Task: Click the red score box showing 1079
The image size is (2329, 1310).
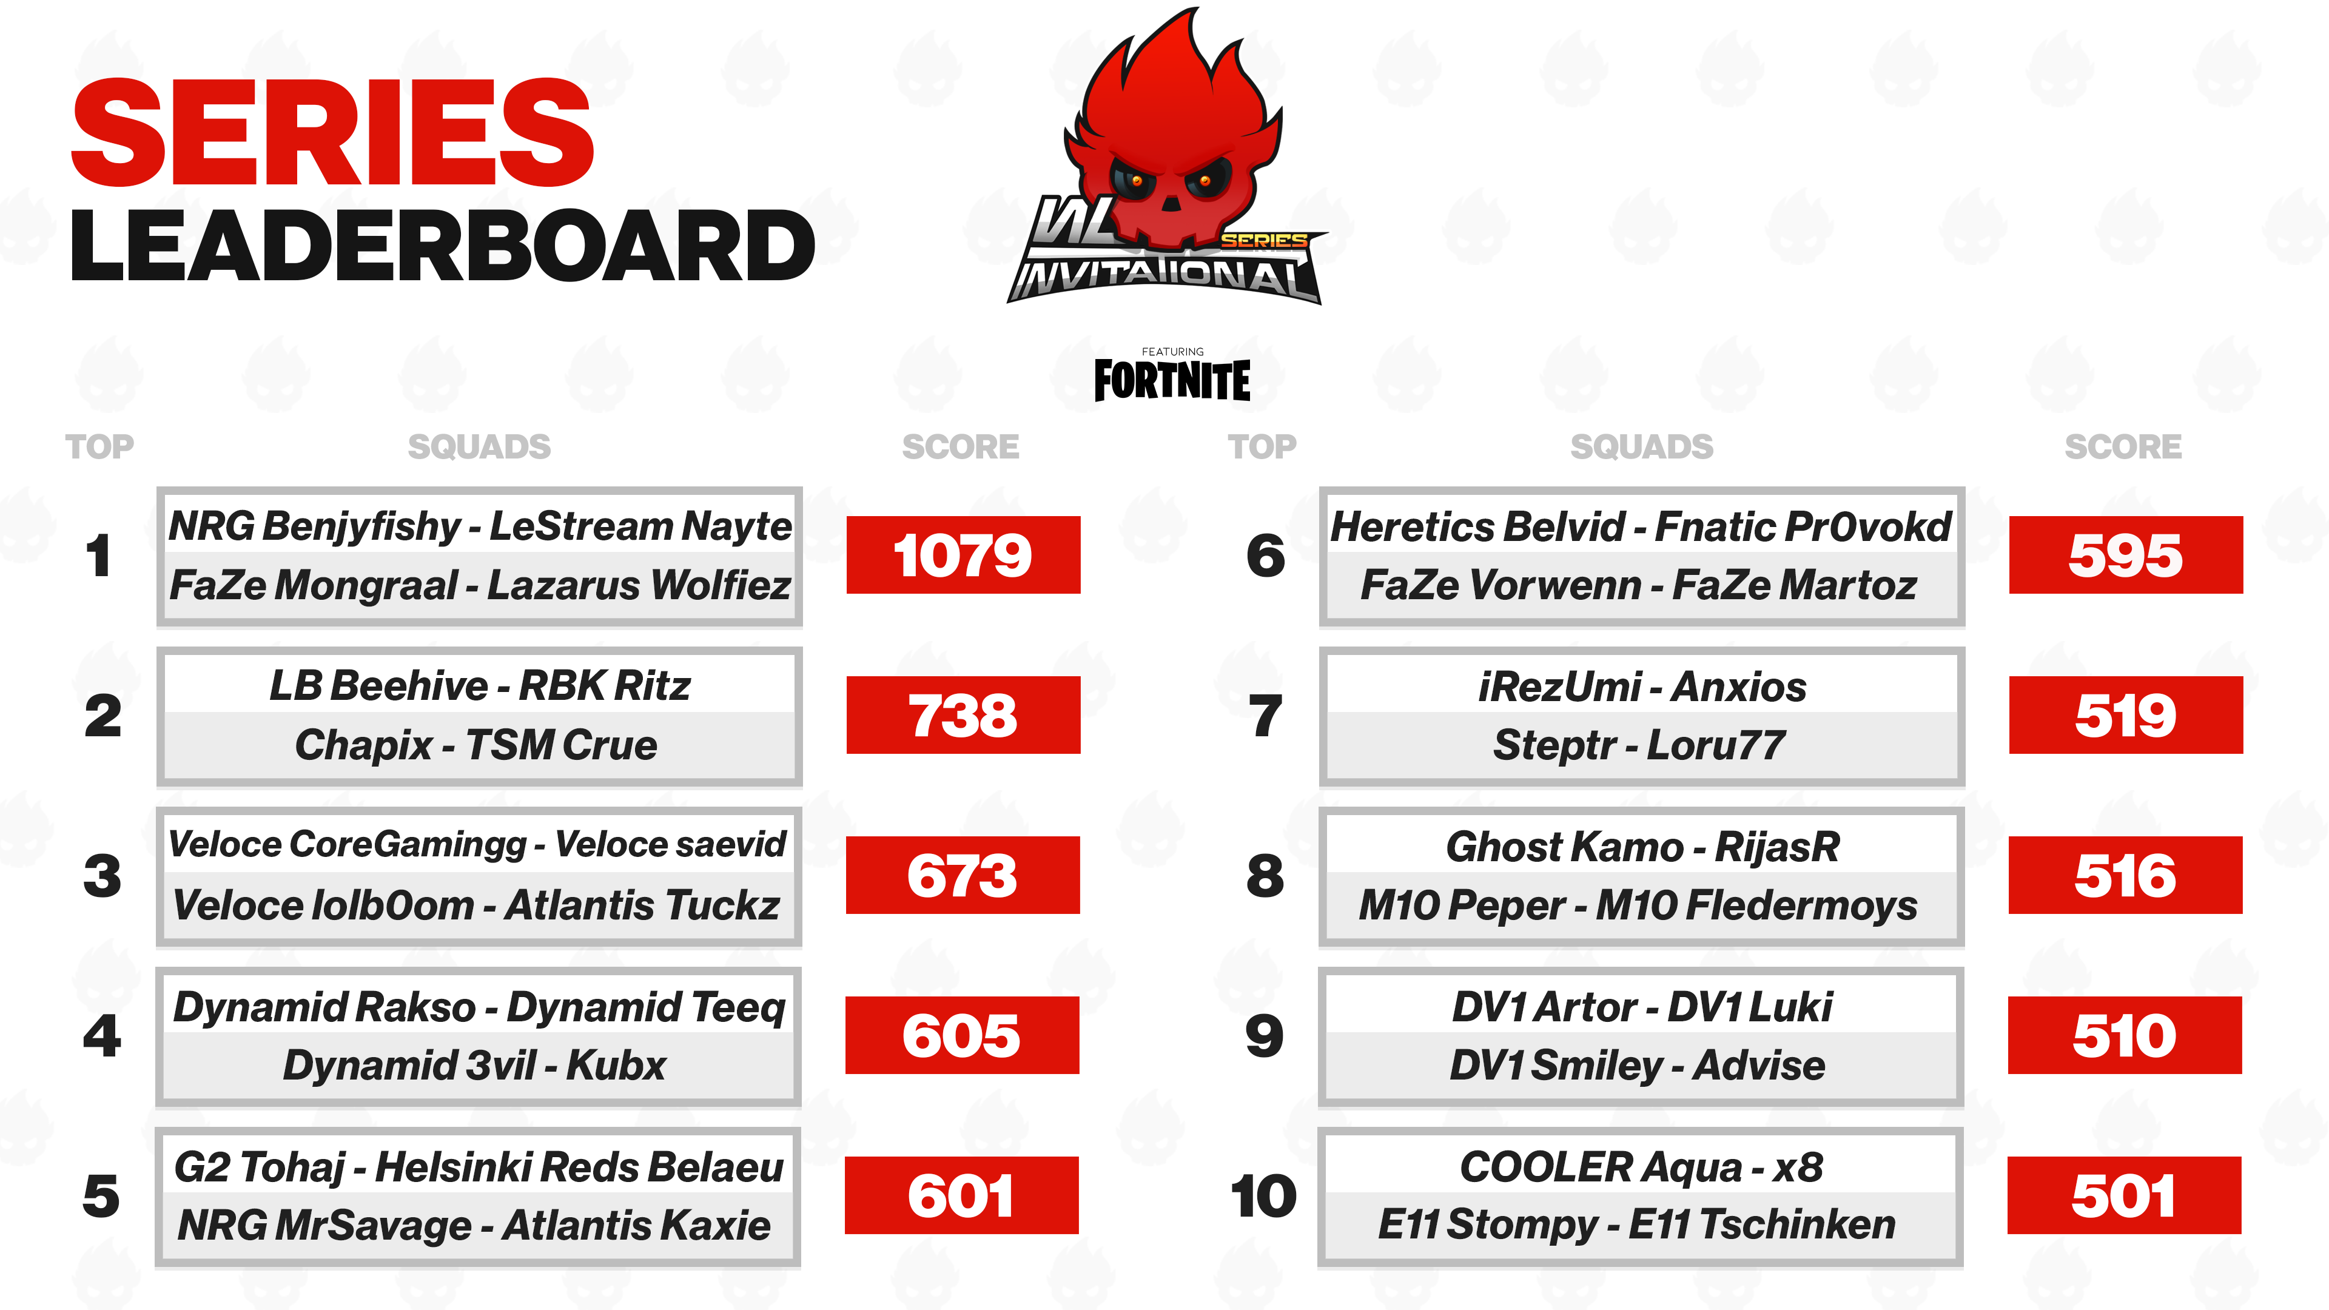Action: pyautogui.click(x=963, y=554)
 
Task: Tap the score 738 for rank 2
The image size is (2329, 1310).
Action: pyautogui.click(x=963, y=714)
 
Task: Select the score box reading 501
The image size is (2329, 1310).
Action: pyautogui.click(x=2124, y=1195)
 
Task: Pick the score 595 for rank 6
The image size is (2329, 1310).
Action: pyautogui.click(x=2126, y=554)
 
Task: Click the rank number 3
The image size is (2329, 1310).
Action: pyautogui.click(x=102, y=875)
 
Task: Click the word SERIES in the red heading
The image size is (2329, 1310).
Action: pyautogui.click(x=332, y=132)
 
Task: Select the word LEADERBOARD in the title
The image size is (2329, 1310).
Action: pyautogui.click(x=443, y=245)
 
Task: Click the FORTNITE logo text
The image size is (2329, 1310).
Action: pyautogui.click(x=1172, y=380)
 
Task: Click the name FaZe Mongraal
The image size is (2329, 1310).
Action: pyautogui.click(x=314, y=585)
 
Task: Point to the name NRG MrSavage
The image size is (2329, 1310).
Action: pyautogui.click(x=324, y=1225)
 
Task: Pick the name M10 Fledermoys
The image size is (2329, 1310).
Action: pyautogui.click(x=1756, y=905)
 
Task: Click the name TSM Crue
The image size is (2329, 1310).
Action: pyautogui.click(x=562, y=745)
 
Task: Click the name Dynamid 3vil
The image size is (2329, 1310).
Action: pyautogui.click(x=409, y=1065)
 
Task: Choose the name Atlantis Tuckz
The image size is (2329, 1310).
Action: pyautogui.click(x=642, y=905)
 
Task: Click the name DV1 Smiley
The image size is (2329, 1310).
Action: pyautogui.click(x=1555, y=1065)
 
